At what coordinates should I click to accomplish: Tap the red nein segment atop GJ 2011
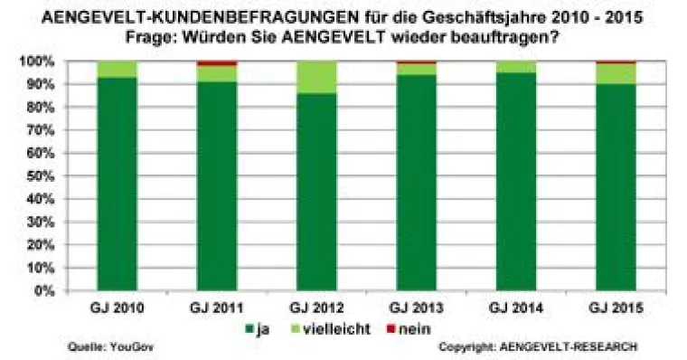[213, 63]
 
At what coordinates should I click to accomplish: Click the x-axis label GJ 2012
[311, 308]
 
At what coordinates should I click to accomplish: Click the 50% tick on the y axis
[42, 176]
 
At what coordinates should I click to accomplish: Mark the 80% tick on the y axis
[42, 108]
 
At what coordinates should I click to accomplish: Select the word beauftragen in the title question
[495, 39]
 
